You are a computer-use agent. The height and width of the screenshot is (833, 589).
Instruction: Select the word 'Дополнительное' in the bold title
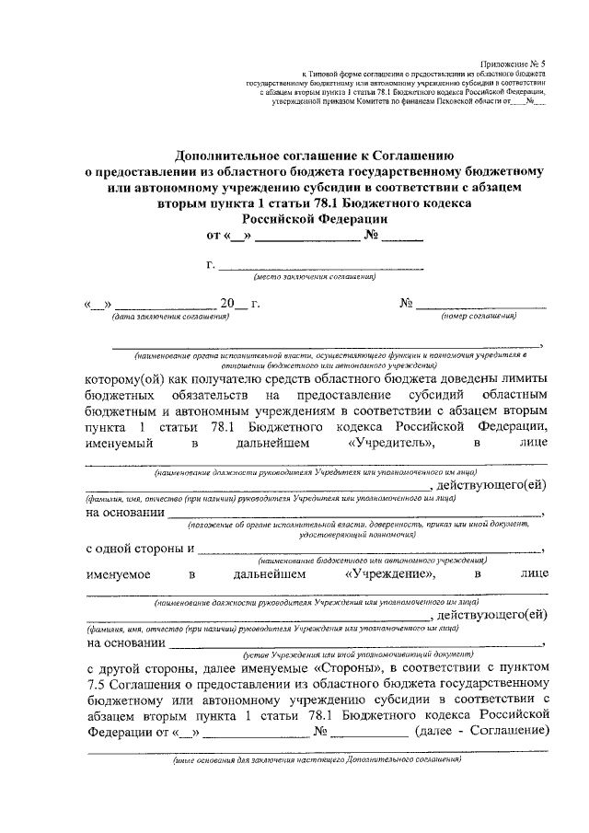229,156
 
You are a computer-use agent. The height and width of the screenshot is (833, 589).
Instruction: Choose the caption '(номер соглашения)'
473,317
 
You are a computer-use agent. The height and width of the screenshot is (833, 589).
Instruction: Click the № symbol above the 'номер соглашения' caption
406,303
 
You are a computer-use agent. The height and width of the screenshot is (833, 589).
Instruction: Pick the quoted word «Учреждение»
389,574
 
